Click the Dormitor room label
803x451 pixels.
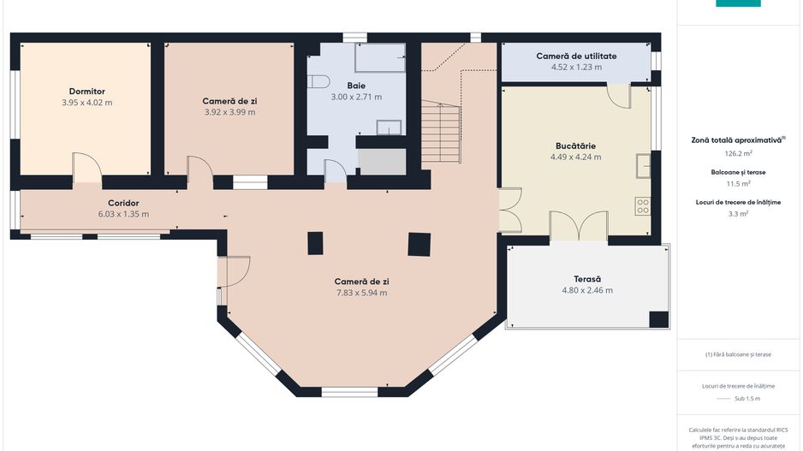click(86, 91)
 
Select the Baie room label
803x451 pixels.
click(356, 86)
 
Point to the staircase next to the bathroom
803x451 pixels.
click(441, 133)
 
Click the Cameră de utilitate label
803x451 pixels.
click(576, 56)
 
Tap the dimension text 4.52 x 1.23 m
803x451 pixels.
click(576, 67)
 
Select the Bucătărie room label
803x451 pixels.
click(575, 145)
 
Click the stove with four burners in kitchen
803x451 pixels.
click(642, 206)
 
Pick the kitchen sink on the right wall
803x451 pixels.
click(642, 164)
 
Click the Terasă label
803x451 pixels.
click(587, 279)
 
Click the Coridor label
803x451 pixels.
click(123, 203)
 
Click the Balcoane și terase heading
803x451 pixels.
click(737, 172)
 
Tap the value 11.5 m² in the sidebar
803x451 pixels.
click(738, 183)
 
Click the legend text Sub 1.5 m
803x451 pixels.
click(747, 399)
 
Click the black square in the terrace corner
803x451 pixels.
click(658, 319)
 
